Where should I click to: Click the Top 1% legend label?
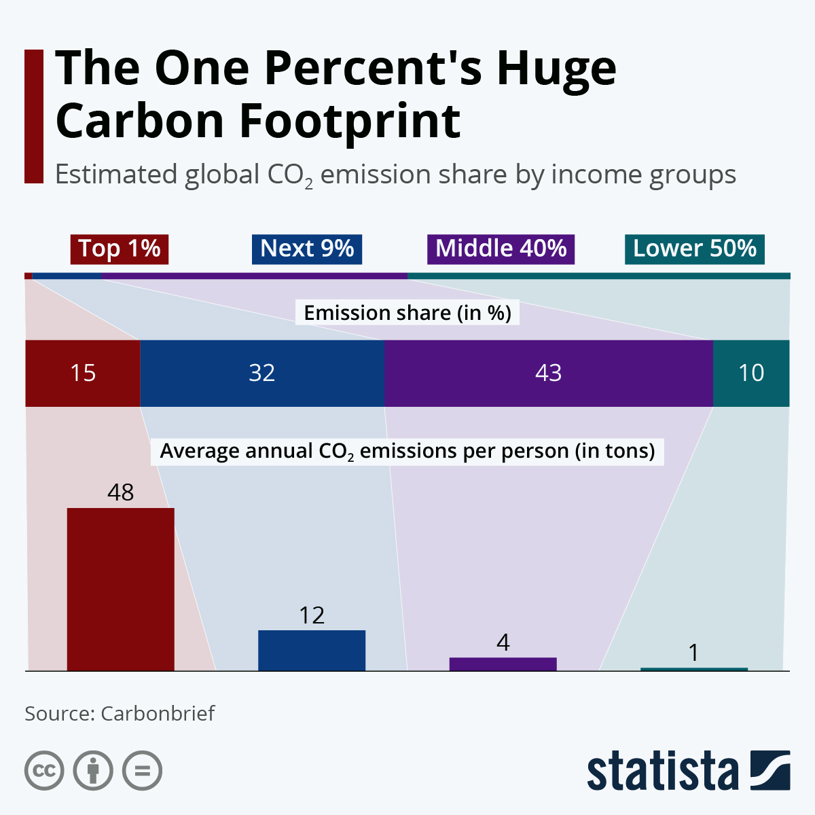(120, 249)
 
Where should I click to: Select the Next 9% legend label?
(307, 249)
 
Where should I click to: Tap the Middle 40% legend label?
(501, 249)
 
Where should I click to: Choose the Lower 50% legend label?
(695, 249)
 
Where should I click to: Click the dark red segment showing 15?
(83, 373)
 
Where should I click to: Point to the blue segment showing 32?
(262, 373)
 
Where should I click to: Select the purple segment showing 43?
(549, 373)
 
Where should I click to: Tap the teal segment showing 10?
(751, 373)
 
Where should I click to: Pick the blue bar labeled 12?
(312, 650)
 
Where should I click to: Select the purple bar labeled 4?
(503, 664)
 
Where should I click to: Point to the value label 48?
(120, 492)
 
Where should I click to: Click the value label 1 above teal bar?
(693, 653)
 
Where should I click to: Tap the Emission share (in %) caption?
(407, 312)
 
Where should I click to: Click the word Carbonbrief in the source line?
(158, 714)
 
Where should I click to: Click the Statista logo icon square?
(770, 770)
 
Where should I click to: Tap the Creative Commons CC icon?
(44, 771)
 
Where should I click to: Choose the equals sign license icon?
(142, 771)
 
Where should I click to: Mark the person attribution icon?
(93, 771)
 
